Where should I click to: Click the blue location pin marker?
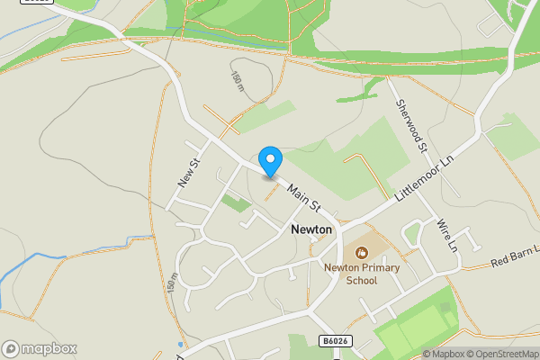coord(270,160)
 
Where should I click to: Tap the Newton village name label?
coord(311,229)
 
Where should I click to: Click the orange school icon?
coord(362,253)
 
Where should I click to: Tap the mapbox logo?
coord(40,348)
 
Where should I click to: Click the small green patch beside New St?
coord(236,203)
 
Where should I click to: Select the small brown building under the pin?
coord(270,177)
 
